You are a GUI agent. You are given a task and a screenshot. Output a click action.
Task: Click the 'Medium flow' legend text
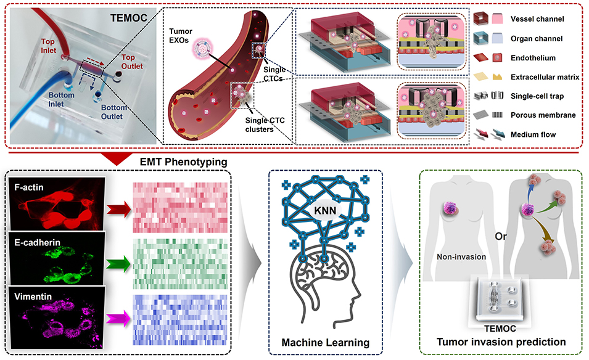coord(539,134)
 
